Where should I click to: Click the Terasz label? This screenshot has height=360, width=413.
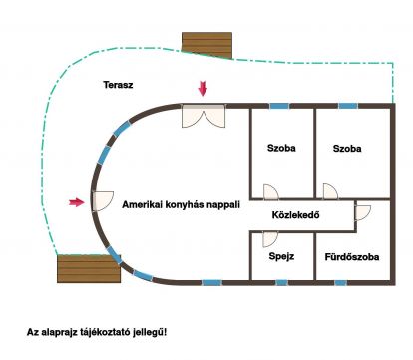click(x=118, y=85)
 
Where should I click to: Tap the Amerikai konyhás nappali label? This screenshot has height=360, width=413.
click(x=181, y=204)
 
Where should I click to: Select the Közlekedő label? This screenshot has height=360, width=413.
click(x=295, y=215)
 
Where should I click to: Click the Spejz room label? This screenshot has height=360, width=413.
click(x=281, y=256)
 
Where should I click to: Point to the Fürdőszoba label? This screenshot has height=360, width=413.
click(x=352, y=257)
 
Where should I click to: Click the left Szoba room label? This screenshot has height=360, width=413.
click(x=281, y=148)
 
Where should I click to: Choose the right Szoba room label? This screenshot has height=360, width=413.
click(x=347, y=148)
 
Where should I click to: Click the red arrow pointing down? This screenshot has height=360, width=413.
click(x=203, y=89)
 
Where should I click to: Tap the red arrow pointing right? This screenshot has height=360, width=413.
click(x=77, y=202)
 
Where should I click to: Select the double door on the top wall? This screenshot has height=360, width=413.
click(x=204, y=116)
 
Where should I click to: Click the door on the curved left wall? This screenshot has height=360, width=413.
click(x=103, y=201)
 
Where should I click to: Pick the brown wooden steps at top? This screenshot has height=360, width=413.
click(x=206, y=45)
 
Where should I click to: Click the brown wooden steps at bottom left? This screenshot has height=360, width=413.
click(x=89, y=269)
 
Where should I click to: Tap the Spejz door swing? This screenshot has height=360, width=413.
click(x=269, y=239)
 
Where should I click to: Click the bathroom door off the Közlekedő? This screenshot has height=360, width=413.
click(x=362, y=213)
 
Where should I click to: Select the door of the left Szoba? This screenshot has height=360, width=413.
click(x=270, y=192)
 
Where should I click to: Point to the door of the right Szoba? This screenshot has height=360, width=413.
click(x=330, y=191)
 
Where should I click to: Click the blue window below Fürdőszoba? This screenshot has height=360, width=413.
click(x=340, y=283)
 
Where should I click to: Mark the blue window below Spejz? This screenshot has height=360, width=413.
click(x=281, y=283)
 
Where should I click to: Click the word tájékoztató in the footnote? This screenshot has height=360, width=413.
click(x=105, y=332)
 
